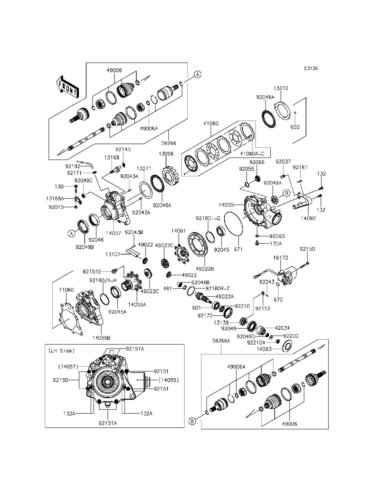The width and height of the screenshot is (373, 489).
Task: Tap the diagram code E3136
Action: (x=311, y=68)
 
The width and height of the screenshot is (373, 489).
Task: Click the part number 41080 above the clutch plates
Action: (x=211, y=123)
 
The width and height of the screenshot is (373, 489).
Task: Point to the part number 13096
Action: (x=166, y=154)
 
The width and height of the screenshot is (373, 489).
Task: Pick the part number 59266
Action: (x=169, y=143)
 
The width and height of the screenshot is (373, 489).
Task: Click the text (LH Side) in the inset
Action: (x=62, y=350)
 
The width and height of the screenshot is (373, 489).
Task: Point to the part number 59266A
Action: (x=221, y=341)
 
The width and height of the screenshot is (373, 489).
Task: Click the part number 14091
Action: (x=179, y=231)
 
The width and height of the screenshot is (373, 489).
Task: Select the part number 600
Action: (x=295, y=127)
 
